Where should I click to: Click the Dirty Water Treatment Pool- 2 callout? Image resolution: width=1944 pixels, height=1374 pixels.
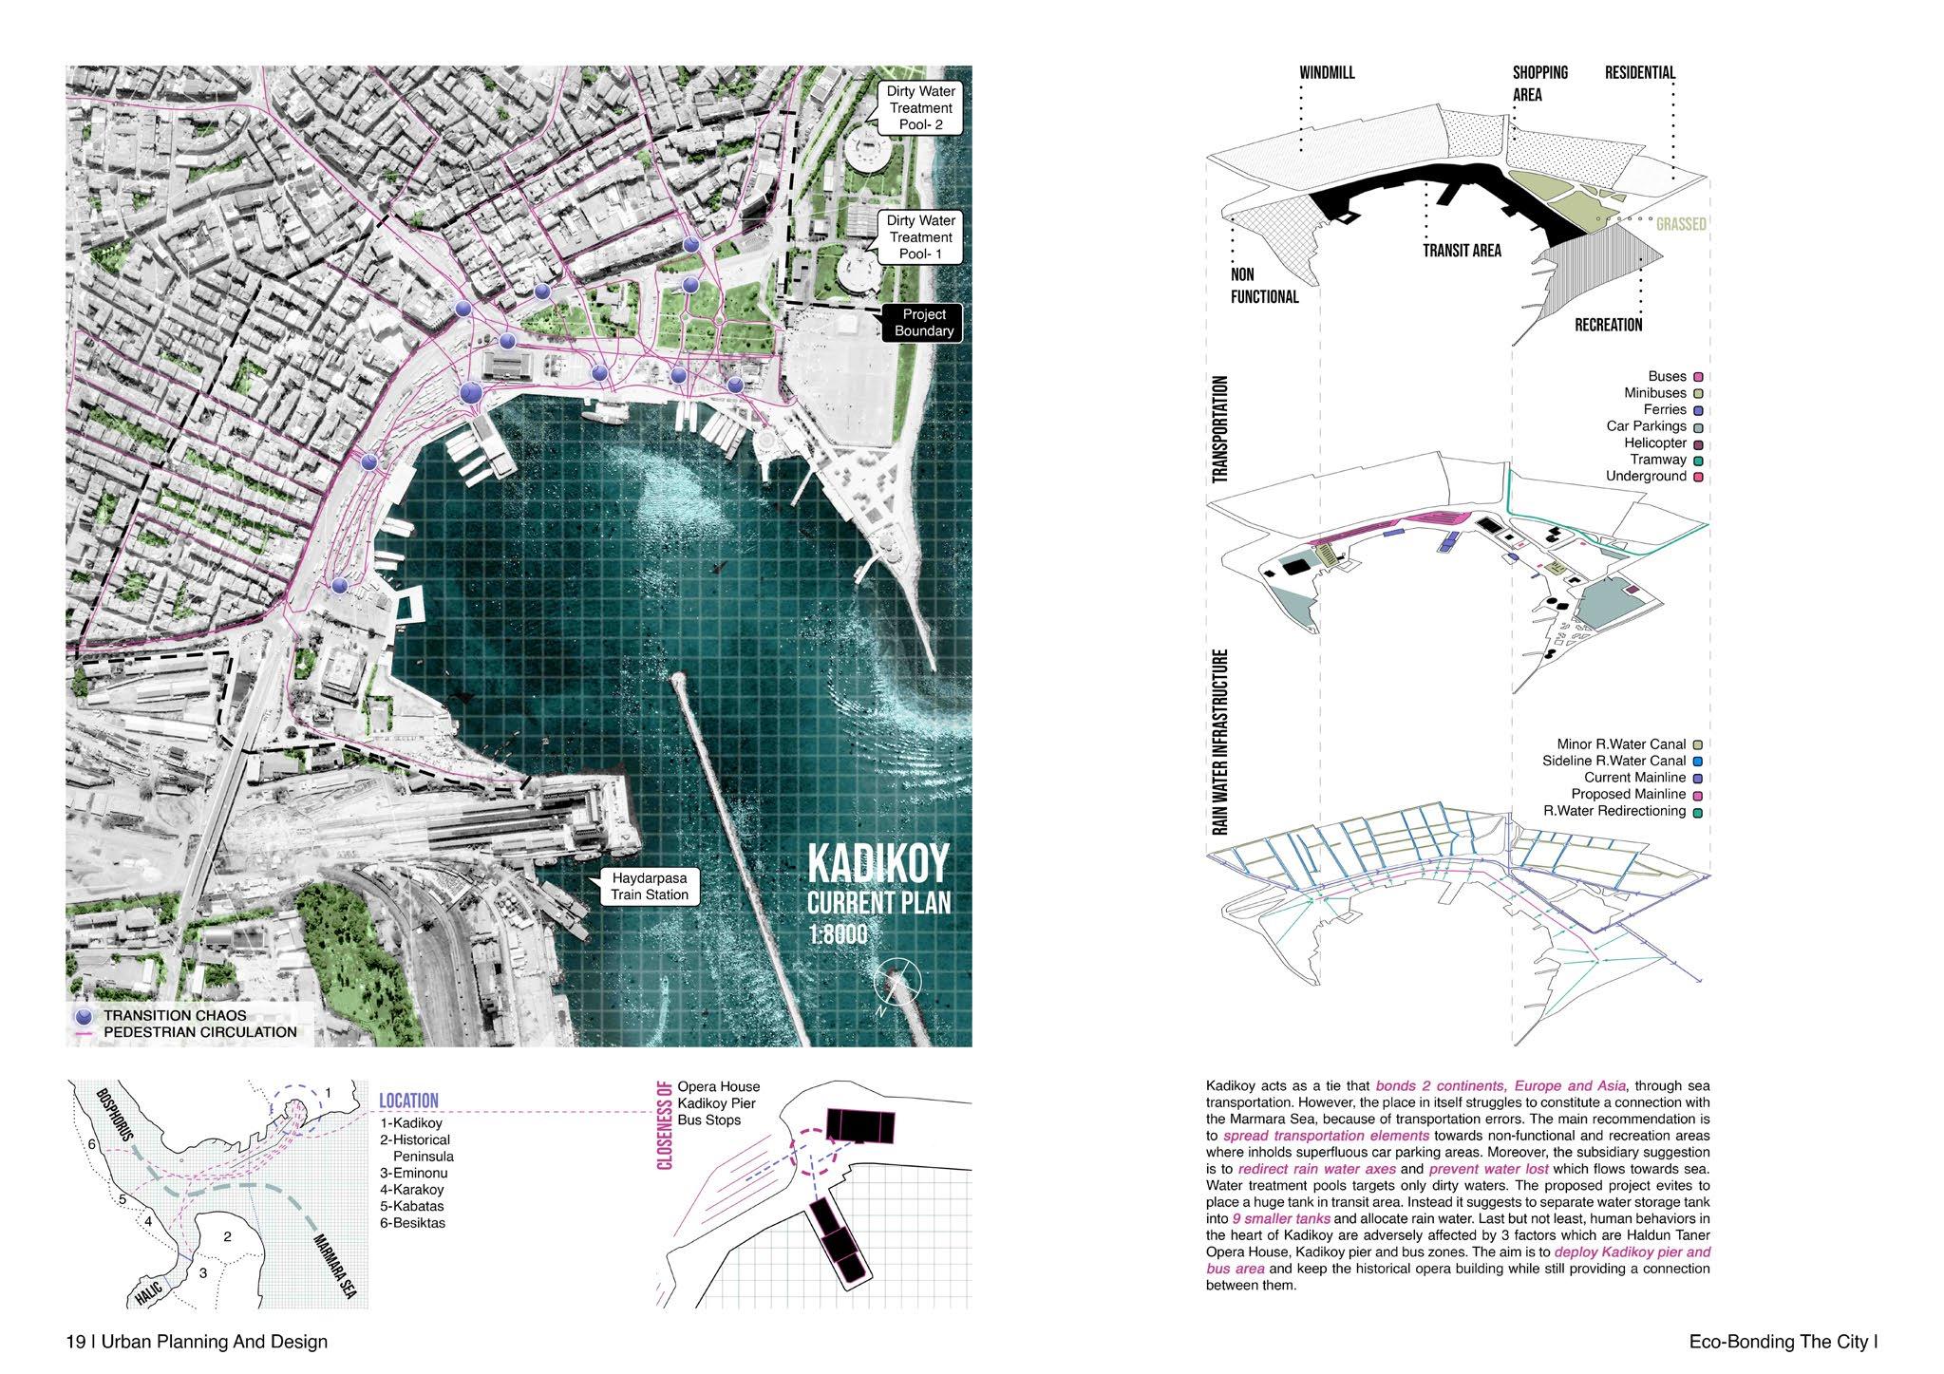pyautogui.click(x=919, y=108)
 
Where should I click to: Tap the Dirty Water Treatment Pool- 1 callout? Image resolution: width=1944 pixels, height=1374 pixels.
pyautogui.click(x=919, y=237)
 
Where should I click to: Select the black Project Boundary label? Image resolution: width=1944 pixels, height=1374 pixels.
pyautogui.click(x=923, y=323)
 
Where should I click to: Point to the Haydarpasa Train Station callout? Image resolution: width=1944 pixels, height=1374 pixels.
pyautogui.click(x=650, y=887)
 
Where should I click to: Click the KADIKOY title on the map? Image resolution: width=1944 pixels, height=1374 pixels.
pyautogui.click(x=878, y=864)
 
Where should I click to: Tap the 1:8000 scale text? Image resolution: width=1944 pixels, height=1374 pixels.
pyautogui.click(x=838, y=935)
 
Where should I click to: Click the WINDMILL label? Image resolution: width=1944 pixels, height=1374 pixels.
pyautogui.click(x=1327, y=73)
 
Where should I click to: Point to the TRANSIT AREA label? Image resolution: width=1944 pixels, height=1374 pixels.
pyautogui.click(x=1462, y=251)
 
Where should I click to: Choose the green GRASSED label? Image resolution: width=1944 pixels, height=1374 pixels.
pyautogui.click(x=1681, y=224)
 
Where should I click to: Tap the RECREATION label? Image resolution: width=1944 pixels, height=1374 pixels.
pyautogui.click(x=1608, y=325)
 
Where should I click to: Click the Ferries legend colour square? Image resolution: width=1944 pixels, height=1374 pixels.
pyautogui.click(x=1697, y=410)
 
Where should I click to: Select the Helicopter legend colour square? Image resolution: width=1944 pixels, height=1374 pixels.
pyautogui.click(x=1697, y=443)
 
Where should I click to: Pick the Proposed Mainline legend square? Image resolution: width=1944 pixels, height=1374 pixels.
pyautogui.click(x=1697, y=794)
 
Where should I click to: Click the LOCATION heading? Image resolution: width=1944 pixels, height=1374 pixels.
pyautogui.click(x=408, y=1101)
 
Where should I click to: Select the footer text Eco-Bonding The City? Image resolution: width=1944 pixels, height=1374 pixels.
pyautogui.click(x=1784, y=1342)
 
